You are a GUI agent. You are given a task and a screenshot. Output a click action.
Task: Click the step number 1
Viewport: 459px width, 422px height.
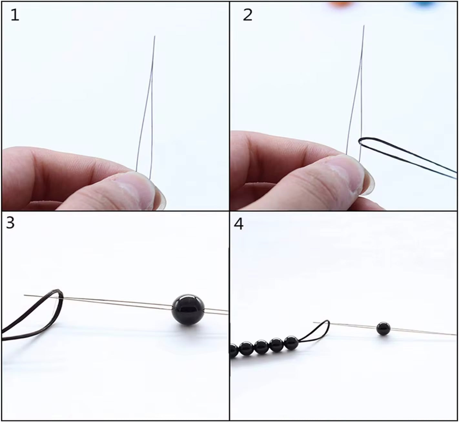(x=15, y=15)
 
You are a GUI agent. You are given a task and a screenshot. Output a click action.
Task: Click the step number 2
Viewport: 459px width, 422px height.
(x=247, y=15)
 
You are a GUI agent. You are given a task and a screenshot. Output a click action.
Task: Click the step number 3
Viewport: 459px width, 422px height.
(x=10, y=222)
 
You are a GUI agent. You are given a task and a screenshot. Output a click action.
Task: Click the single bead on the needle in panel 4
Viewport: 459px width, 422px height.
(x=383, y=328)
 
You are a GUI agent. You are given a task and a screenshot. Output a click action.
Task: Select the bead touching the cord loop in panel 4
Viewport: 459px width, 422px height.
(x=291, y=343)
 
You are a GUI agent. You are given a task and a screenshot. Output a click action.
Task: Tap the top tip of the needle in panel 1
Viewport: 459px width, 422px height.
(x=155, y=37)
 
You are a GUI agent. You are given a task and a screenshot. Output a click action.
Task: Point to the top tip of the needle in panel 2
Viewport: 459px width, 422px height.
(x=364, y=26)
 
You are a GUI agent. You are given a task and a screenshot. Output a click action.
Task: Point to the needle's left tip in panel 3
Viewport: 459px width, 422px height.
(x=25, y=295)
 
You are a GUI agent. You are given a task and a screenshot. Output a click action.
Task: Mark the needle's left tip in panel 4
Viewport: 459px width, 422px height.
(x=314, y=322)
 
